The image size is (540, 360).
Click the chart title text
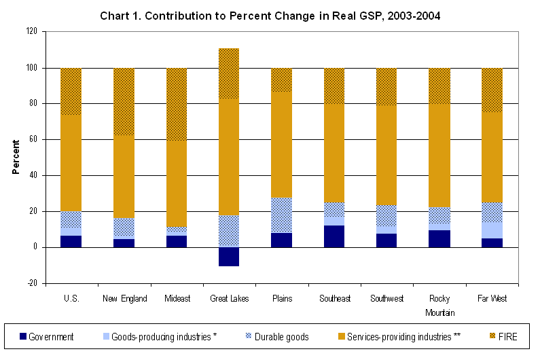coord(270,15)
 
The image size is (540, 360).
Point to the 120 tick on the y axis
coord(31,32)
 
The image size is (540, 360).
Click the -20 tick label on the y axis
coord(31,283)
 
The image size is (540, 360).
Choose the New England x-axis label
coord(124,299)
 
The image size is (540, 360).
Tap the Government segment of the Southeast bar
coord(334,236)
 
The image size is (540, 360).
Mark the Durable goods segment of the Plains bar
coord(281,215)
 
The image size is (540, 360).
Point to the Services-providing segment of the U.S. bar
coord(71,163)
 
